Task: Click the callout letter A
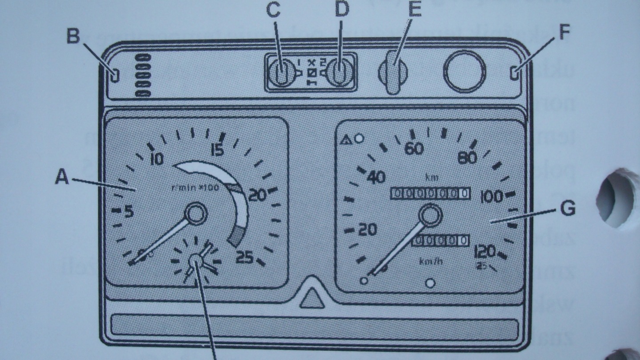click(x=62, y=179)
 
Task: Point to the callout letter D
click(x=341, y=11)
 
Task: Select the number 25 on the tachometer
click(x=244, y=257)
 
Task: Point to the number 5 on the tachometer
click(x=128, y=212)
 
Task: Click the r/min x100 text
click(x=195, y=188)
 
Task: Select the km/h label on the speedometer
click(x=431, y=261)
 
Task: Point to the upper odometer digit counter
click(x=430, y=193)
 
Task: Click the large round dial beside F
click(x=464, y=71)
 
